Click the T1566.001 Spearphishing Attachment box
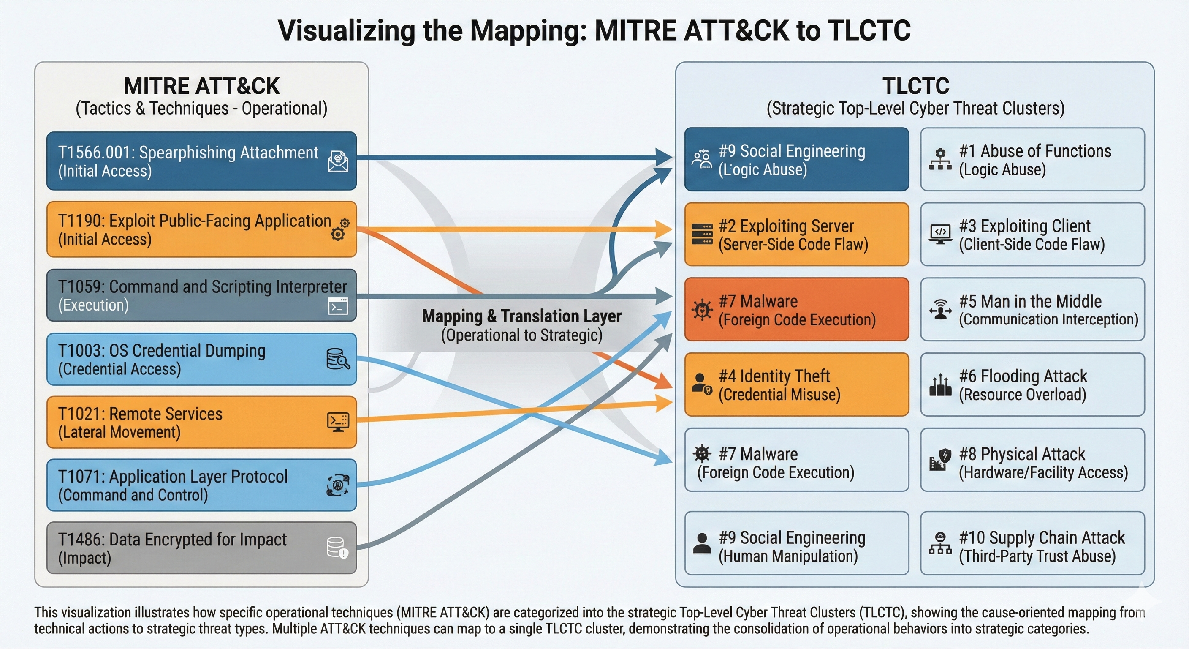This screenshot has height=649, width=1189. tap(201, 161)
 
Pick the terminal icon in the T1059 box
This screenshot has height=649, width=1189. tap(338, 306)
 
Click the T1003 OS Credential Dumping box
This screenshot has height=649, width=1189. tap(201, 360)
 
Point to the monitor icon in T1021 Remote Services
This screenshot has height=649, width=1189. tap(338, 422)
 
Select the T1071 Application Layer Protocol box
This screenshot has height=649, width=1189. tap(201, 485)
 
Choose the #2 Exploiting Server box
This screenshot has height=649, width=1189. tap(796, 234)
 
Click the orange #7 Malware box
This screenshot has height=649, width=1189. tap(796, 309)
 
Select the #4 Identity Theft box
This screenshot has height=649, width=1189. tap(796, 384)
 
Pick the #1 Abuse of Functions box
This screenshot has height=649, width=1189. tap(1032, 159)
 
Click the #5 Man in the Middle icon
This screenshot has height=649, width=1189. tap(940, 309)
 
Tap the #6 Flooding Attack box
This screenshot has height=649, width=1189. tap(1032, 384)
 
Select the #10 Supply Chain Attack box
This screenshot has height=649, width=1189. tap(1032, 543)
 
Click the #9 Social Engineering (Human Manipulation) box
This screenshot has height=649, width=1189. tap(796, 543)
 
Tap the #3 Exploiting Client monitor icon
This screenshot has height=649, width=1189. tap(940, 234)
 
